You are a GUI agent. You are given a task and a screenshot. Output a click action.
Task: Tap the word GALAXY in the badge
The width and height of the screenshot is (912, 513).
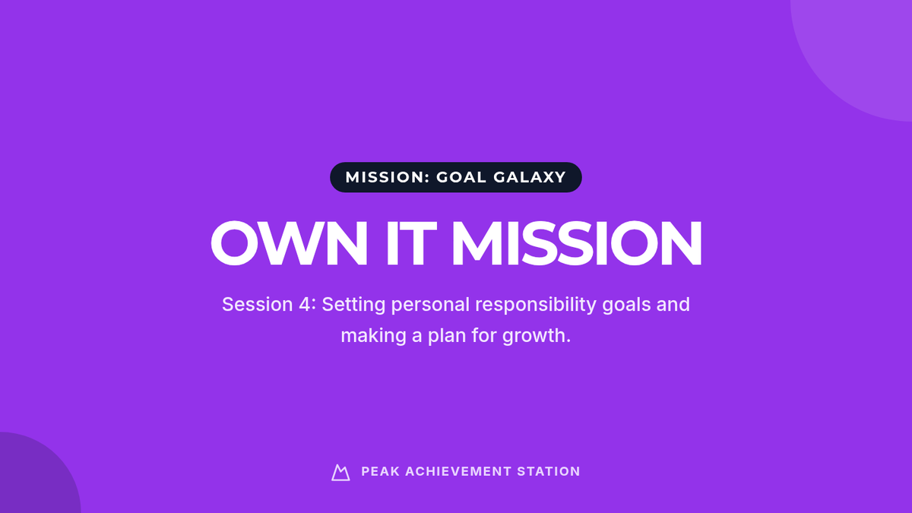point(530,177)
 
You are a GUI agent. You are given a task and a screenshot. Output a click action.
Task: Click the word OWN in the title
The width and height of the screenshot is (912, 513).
point(289,243)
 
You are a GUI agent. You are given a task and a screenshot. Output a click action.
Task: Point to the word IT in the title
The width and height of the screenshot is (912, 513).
point(411,243)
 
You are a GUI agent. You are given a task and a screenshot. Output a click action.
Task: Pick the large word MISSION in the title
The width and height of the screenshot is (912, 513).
point(577,243)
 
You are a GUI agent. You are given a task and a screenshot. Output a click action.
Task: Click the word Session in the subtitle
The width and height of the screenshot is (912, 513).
point(258,305)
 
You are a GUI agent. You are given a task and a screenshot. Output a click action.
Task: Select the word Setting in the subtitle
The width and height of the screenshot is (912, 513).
point(354,306)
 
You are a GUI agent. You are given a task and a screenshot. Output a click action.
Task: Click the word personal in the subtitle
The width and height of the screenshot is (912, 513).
point(430,306)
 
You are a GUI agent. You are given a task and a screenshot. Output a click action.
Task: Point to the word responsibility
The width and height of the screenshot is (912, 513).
point(536,306)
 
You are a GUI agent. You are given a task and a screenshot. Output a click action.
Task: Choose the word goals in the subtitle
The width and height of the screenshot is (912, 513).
point(626,306)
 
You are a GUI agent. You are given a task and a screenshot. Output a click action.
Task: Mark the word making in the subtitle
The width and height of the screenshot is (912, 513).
point(373,336)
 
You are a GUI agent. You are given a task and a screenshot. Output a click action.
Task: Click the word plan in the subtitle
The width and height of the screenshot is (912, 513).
point(447,336)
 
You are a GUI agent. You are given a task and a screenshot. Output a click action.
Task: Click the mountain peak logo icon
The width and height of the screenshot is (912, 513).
point(340,473)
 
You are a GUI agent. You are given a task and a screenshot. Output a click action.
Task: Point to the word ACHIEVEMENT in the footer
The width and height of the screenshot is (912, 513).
point(458,471)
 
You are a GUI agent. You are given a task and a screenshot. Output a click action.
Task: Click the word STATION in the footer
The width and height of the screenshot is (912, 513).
point(549,471)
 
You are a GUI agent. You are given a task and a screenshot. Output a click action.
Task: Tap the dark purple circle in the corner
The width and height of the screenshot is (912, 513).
point(33,477)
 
